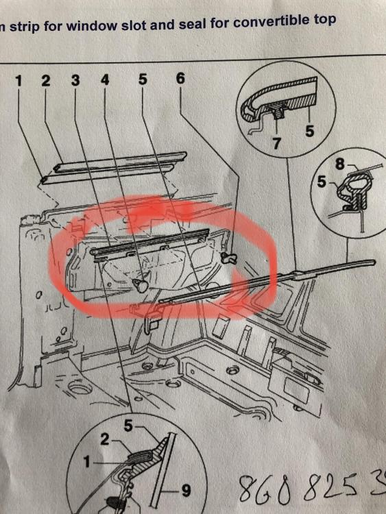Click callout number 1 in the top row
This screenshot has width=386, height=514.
click(19, 81)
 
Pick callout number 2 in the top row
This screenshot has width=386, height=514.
click(46, 81)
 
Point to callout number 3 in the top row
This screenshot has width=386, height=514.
click(75, 80)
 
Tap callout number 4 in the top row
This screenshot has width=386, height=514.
click(105, 79)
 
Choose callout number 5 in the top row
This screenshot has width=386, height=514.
click(143, 79)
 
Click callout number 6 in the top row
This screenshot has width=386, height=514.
click(181, 78)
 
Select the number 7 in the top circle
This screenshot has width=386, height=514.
click(277, 143)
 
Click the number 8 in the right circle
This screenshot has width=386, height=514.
click(340, 164)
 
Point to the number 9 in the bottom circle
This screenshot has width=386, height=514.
click(186, 491)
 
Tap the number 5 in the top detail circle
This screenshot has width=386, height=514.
click(309, 131)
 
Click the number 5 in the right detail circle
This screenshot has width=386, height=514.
click(322, 181)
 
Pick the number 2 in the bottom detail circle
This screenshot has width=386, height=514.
click(105, 439)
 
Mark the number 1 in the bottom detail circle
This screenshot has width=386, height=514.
click(86, 462)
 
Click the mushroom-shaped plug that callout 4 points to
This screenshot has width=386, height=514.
click(141, 285)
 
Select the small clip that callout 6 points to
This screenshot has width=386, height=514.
click(228, 258)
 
